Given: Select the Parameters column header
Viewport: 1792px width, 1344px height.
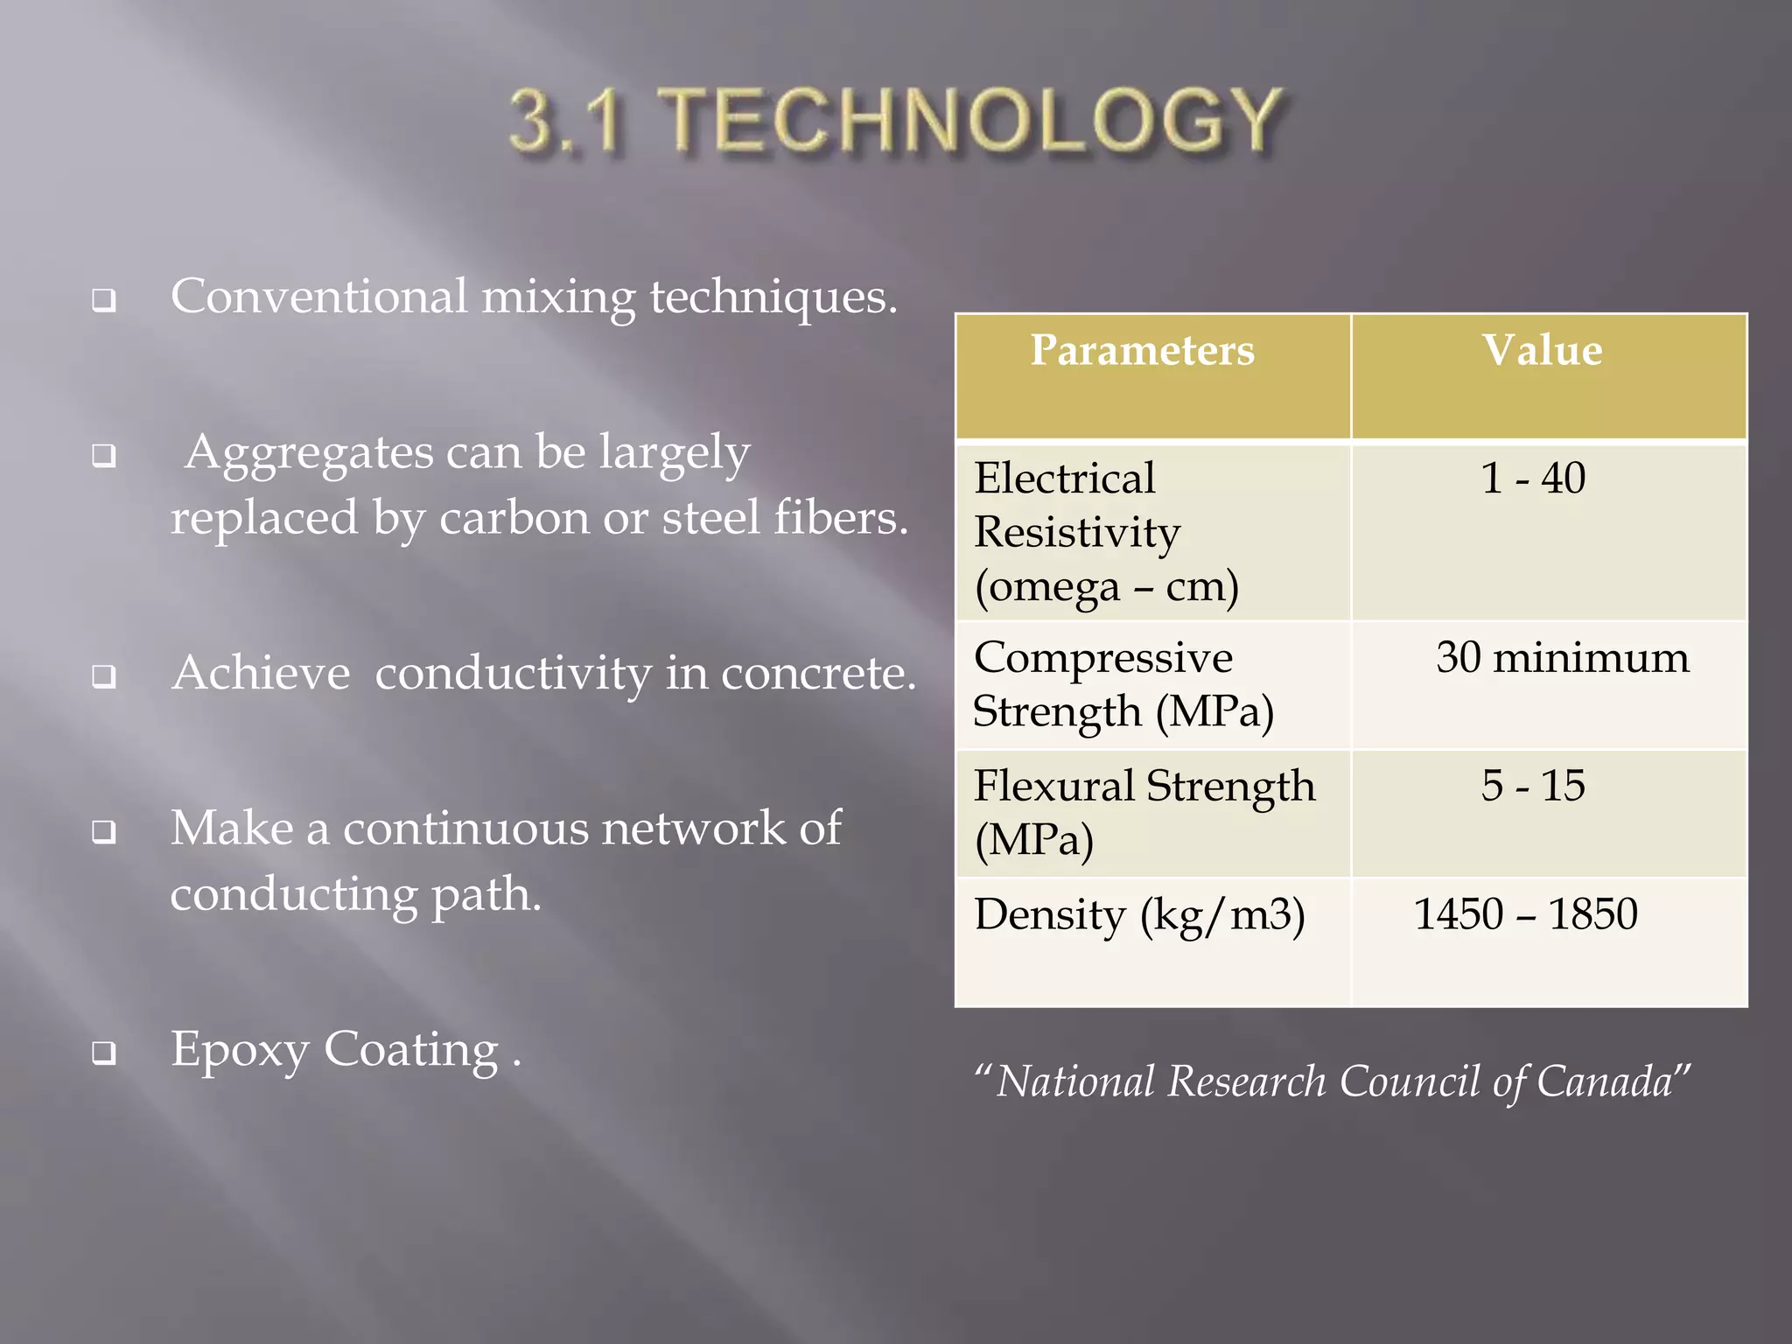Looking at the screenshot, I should pos(1142,350).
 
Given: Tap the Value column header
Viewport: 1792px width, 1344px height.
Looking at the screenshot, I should pos(1542,350).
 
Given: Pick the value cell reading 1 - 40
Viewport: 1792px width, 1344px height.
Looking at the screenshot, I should pos(1533,479).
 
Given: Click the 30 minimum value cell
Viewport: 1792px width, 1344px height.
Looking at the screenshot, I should pos(1563,657).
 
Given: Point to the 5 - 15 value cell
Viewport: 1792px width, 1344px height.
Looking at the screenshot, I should pos(1533,785).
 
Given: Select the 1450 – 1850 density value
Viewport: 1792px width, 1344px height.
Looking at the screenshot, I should pos(1526,913).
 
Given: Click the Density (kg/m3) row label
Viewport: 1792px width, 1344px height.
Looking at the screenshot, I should pos(1139,915).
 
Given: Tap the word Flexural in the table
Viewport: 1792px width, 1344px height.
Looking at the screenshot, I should pos(1054,785).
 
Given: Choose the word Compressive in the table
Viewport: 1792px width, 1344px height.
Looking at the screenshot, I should pos(1102,657).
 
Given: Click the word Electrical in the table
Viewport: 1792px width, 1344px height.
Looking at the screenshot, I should pos(1064,479).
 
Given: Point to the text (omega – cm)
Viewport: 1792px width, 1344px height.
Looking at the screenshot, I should pos(1107,586).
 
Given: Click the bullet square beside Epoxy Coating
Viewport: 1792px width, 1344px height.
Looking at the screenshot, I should pos(104,1053).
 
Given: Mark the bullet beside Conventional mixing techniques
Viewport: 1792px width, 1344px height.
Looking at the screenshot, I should pos(104,302).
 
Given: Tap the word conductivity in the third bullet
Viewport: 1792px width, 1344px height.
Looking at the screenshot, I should pos(514,673).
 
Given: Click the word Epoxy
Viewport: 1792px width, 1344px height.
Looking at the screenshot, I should pos(239,1050).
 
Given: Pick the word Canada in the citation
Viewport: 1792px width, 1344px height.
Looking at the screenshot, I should pos(1605,1081).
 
